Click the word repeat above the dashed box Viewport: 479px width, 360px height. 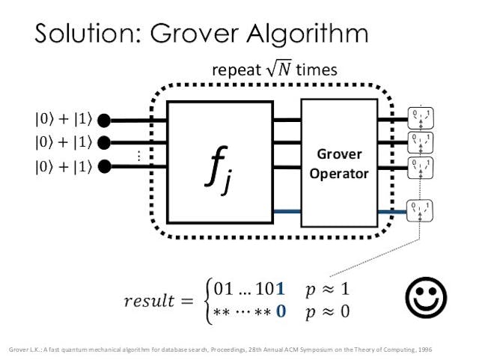pos(235,71)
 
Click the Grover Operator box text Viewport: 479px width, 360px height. pos(338,164)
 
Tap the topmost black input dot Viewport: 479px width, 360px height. pos(106,119)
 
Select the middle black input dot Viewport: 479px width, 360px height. pos(106,142)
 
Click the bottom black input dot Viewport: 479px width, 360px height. pos(106,165)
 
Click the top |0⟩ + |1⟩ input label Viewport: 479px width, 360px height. pos(62,119)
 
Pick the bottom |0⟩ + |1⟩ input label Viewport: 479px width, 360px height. pos(62,166)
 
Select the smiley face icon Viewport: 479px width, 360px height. pos(425,299)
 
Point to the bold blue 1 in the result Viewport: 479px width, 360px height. pos(280,288)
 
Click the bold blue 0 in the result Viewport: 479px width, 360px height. pos(280,311)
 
